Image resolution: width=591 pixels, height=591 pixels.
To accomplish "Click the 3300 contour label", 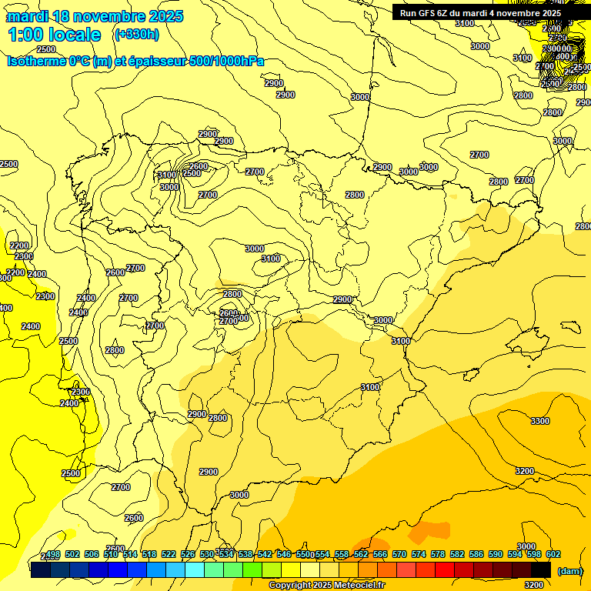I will pos(540,421).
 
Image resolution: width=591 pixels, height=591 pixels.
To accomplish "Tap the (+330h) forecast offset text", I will pos(136,34).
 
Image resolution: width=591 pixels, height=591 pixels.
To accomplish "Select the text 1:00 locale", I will pos(54,35).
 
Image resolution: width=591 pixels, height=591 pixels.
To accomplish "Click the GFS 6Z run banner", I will pos(480,13).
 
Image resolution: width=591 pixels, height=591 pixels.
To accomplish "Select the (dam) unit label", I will pos(569,570).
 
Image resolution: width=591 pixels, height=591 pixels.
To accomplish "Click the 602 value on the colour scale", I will pos(553,554).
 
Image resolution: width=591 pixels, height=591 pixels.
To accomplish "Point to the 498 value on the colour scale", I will pos(53,554).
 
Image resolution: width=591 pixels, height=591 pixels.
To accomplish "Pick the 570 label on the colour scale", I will pos(399,554).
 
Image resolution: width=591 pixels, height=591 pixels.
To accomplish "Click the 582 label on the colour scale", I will pos(457,554).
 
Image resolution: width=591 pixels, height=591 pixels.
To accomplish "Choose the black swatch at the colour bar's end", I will pos(541,569).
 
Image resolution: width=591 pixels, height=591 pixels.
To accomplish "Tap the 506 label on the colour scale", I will pos(92,554).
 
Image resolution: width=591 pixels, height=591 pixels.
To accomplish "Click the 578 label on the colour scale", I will pos(438,554).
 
